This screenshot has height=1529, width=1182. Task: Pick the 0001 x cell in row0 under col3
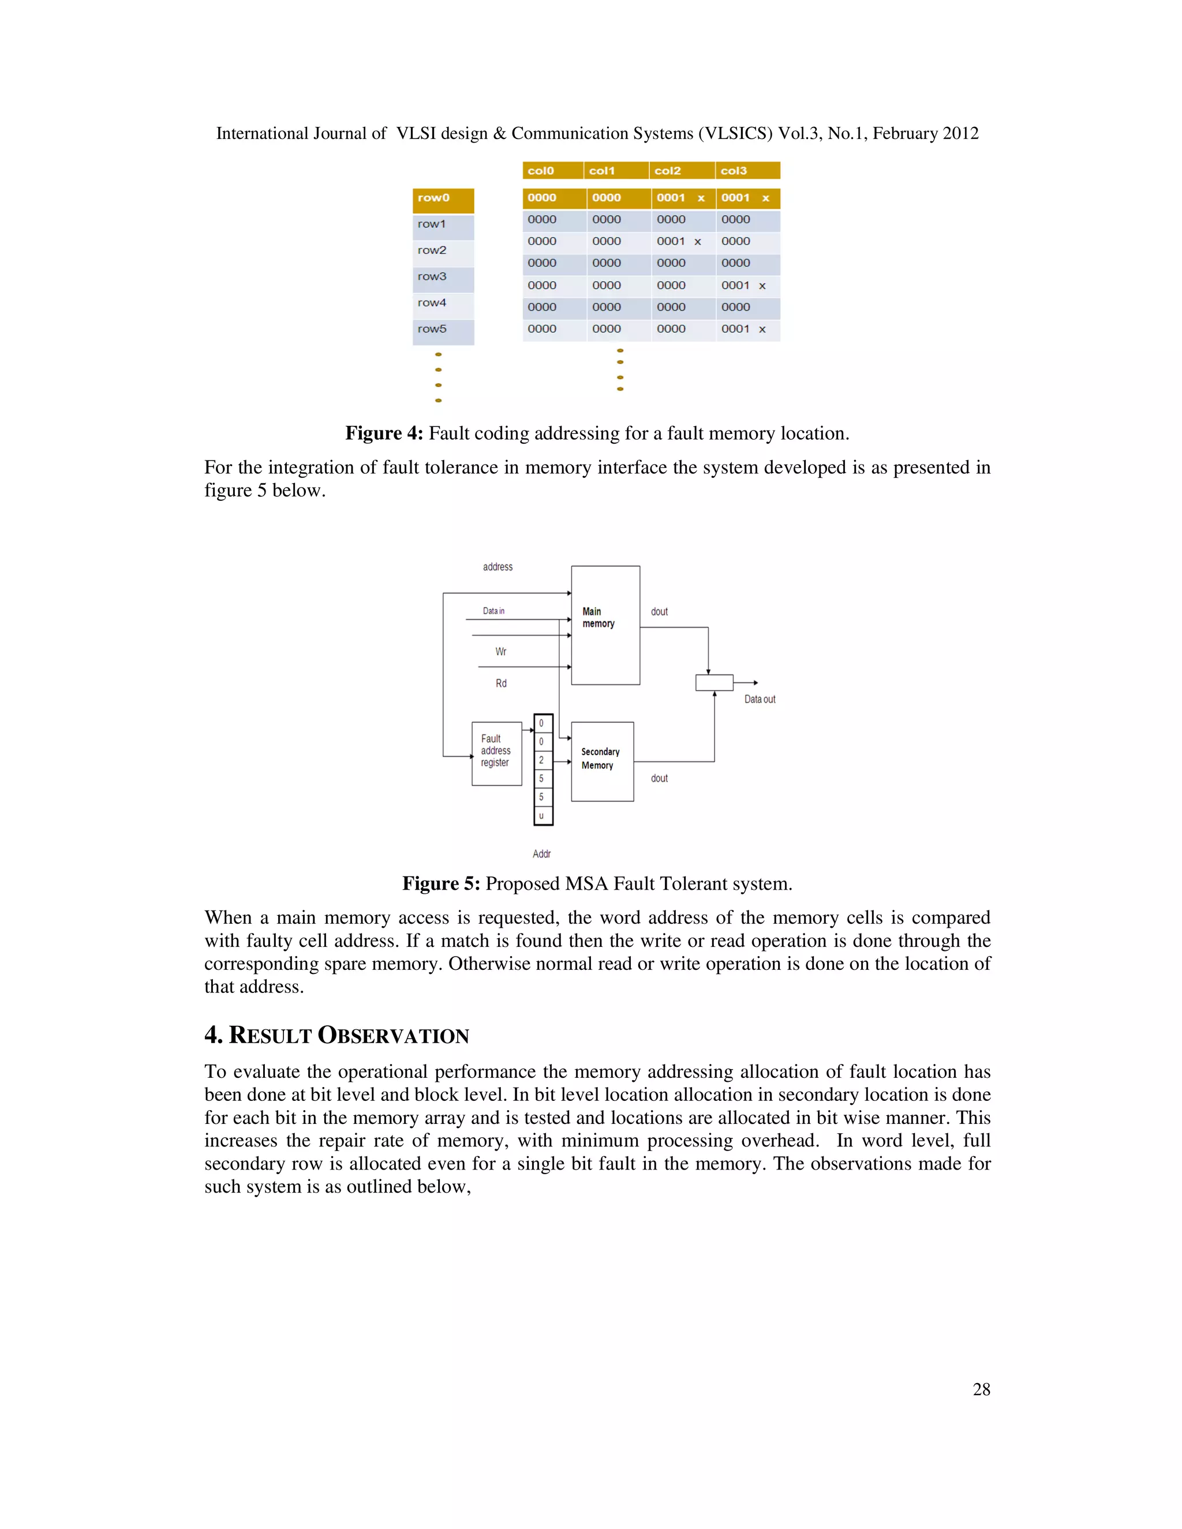(746, 198)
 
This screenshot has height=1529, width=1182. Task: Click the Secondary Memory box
(601, 761)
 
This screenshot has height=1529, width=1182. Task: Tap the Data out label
(759, 699)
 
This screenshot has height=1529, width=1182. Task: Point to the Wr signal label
(500, 652)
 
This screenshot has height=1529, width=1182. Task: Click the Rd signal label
(500, 683)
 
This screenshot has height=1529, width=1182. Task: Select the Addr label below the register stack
(541, 854)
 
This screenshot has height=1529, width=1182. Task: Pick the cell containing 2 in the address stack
(542, 760)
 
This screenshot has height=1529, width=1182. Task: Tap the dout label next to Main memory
(659, 612)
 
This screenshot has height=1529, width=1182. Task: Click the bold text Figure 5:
(440, 883)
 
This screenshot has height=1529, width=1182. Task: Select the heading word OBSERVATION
(393, 1036)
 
